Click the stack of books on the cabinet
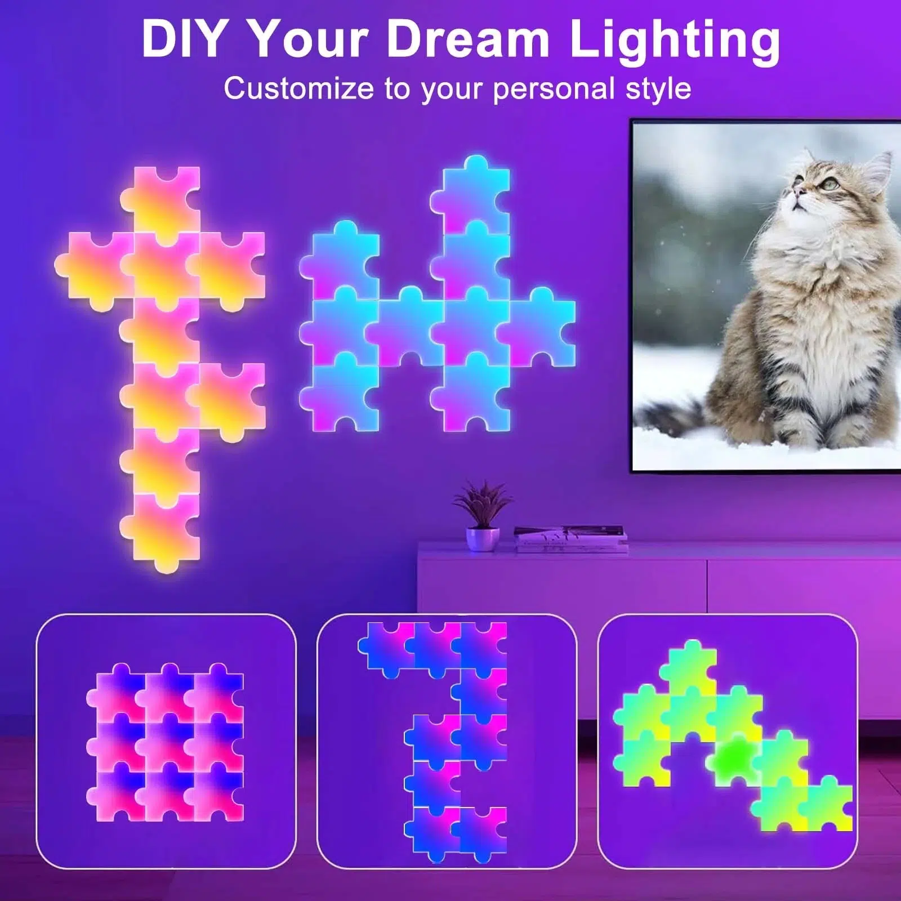570,538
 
